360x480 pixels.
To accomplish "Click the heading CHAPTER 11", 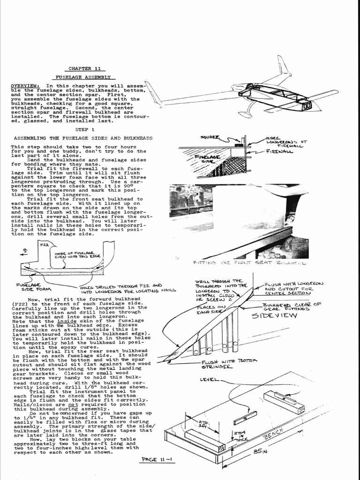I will pos(83,68).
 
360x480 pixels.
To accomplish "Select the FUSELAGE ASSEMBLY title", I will pos(83,77).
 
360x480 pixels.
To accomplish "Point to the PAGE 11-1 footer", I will pos(157,460).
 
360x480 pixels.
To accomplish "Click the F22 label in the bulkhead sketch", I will pos(45,245).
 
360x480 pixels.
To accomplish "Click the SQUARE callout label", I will pos(210,137).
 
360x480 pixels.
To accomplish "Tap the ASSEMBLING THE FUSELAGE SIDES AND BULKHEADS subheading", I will pos(83,139).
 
